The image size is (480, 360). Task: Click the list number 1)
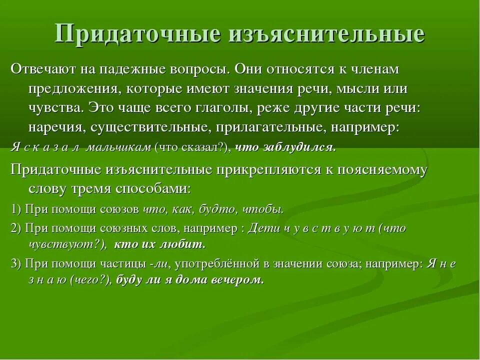[16, 209]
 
